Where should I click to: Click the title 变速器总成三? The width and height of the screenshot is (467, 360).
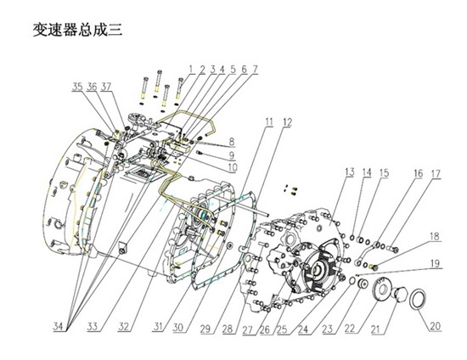(77, 30)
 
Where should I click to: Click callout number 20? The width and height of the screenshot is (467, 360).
(435, 326)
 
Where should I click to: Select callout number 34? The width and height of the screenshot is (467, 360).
(59, 327)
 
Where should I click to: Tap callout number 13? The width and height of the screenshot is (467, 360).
(350, 172)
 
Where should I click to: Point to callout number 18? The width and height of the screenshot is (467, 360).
(435, 236)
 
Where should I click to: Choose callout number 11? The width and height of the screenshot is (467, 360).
(269, 121)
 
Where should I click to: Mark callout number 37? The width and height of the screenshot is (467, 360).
(106, 87)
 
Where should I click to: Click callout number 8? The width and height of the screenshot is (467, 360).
(232, 142)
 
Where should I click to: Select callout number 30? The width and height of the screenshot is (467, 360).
(178, 328)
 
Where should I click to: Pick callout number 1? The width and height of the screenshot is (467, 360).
(191, 70)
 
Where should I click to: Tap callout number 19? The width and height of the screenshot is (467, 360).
(435, 263)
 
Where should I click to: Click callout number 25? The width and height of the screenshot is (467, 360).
(282, 329)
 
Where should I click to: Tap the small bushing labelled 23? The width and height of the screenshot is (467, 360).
(363, 284)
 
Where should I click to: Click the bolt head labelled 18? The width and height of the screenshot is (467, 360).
(374, 267)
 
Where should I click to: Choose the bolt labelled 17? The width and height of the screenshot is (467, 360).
(393, 248)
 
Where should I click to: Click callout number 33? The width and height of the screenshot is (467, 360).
(93, 327)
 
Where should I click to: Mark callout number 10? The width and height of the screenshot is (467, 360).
(233, 167)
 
